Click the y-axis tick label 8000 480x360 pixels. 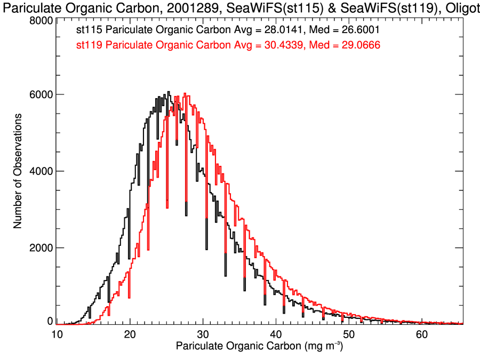41,20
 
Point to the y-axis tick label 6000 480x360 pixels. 41,94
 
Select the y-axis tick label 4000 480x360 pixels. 41,171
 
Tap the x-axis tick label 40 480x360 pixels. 276,334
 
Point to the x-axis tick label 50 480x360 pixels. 349,334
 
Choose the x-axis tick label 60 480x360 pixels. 421,334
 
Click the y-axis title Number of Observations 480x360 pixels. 18,171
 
